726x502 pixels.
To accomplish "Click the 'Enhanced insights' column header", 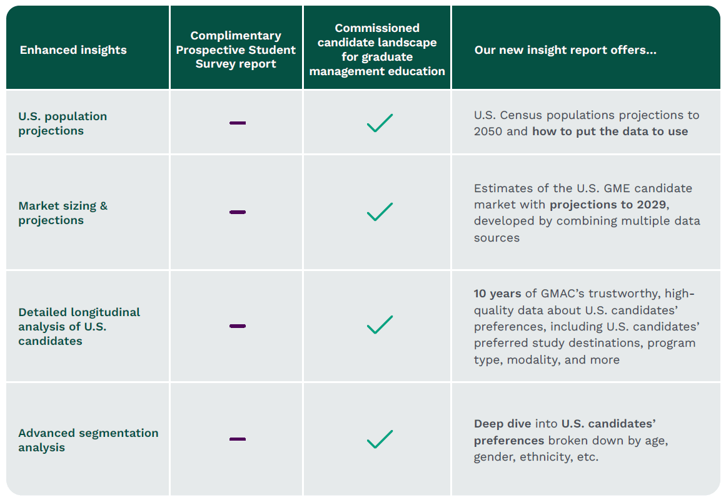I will (x=73, y=50).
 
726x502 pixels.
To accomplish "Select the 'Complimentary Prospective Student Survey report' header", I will (x=236, y=49).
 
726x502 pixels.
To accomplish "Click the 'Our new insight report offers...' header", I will (x=565, y=50).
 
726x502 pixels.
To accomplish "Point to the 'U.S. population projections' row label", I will (x=63, y=123).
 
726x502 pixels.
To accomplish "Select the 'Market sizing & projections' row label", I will (x=63, y=213).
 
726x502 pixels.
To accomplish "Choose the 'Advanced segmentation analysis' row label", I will (x=88, y=440).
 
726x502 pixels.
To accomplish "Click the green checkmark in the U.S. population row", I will (x=380, y=123).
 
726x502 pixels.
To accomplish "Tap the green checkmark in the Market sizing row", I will (x=380, y=212).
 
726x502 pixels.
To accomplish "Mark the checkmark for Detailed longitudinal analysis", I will (x=380, y=325).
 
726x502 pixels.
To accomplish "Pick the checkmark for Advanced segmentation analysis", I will (x=380, y=439).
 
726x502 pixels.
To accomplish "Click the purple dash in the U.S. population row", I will (x=238, y=123).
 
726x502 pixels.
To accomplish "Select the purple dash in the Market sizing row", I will (x=238, y=212).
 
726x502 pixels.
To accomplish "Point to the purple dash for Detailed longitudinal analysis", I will (x=238, y=326).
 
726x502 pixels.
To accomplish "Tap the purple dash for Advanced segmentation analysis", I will (x=238, y=439).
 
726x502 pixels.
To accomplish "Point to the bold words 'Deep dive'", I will (x=502, y=424).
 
